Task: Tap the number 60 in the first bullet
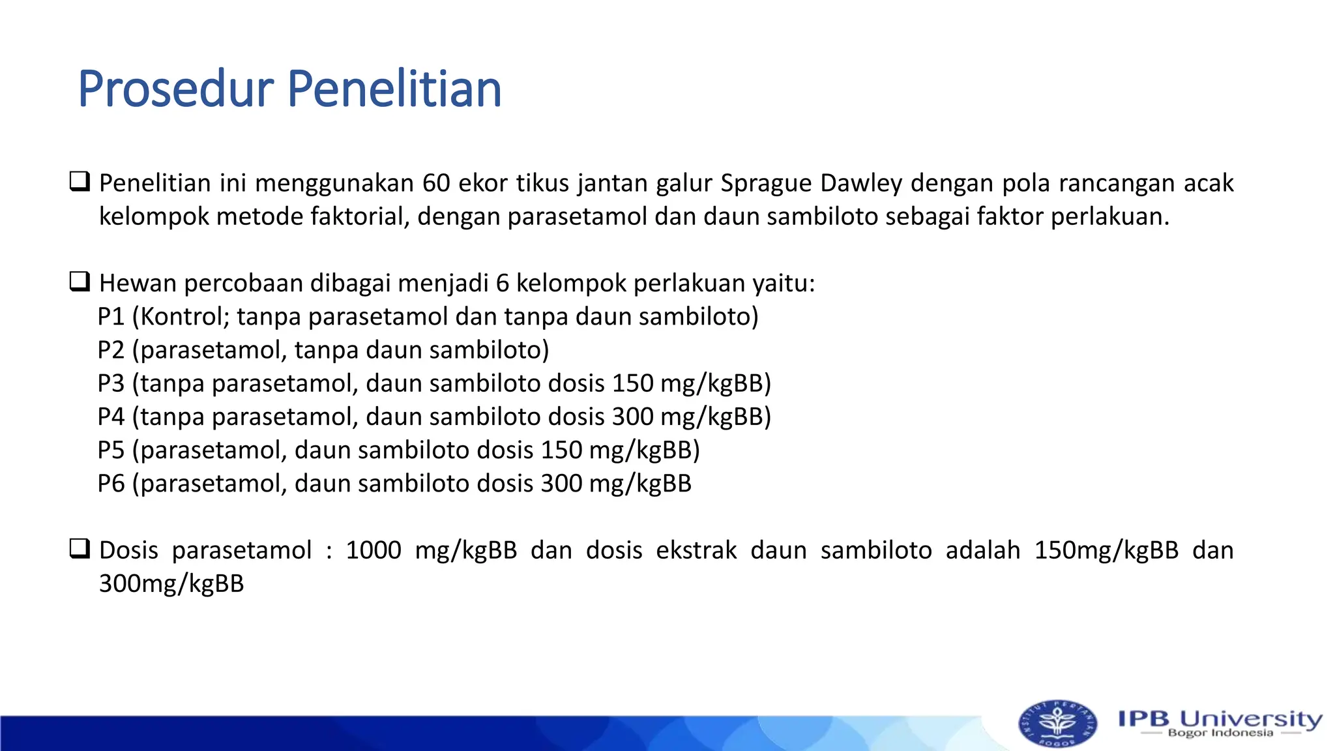(x=435, y=183)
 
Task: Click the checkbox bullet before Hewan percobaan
(x=80, y=282)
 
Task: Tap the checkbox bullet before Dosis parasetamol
(x=80, y=549)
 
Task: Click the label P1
(x=111, y=317)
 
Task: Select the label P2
(x=111, y=350)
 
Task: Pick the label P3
(x=111, y=383)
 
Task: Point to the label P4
(x=111, y=417)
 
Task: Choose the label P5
(x=111, y=450)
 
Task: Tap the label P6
(x=111, y=484)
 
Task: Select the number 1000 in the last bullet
(x=373, y=550)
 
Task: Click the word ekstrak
(x=696, y=550)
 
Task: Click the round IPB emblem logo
(x=1057, y=724)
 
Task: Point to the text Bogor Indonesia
(x=1220, y=733)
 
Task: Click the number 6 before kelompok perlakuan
(x=502, y=284)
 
